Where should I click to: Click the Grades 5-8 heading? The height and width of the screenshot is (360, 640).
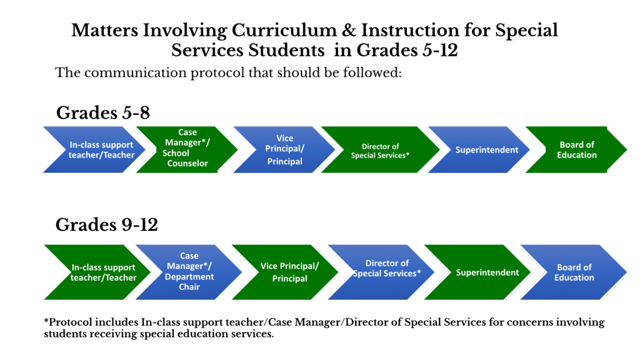coord(103,113)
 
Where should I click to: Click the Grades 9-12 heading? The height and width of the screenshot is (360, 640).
coord(107,225)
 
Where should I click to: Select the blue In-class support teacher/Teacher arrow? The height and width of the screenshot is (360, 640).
coord(94,150)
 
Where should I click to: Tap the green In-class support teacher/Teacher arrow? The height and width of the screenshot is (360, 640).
coord(97,272)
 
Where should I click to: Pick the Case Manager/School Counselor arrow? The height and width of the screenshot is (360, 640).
coord(187,150)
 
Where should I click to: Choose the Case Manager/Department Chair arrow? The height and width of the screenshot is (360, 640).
coord(189,272)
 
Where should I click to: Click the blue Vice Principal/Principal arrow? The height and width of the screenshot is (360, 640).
coord(284,150)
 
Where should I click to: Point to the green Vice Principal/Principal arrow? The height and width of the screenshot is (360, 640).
coord(285,272)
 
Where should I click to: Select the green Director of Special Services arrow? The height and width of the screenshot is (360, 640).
coord(380,150)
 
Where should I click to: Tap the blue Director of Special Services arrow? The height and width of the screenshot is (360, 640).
coord(381,272)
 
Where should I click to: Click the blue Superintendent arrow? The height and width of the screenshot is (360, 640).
coord(479,150)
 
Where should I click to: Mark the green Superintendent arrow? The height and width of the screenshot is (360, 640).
coord(477,272)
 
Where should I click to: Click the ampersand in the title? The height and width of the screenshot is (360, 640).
coord(349,30)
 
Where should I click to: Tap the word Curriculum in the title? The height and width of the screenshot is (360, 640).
coord(284,30)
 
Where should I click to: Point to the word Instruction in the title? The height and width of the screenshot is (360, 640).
coord(410,30)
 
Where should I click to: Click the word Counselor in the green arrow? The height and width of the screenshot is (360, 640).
coord(187,163)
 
